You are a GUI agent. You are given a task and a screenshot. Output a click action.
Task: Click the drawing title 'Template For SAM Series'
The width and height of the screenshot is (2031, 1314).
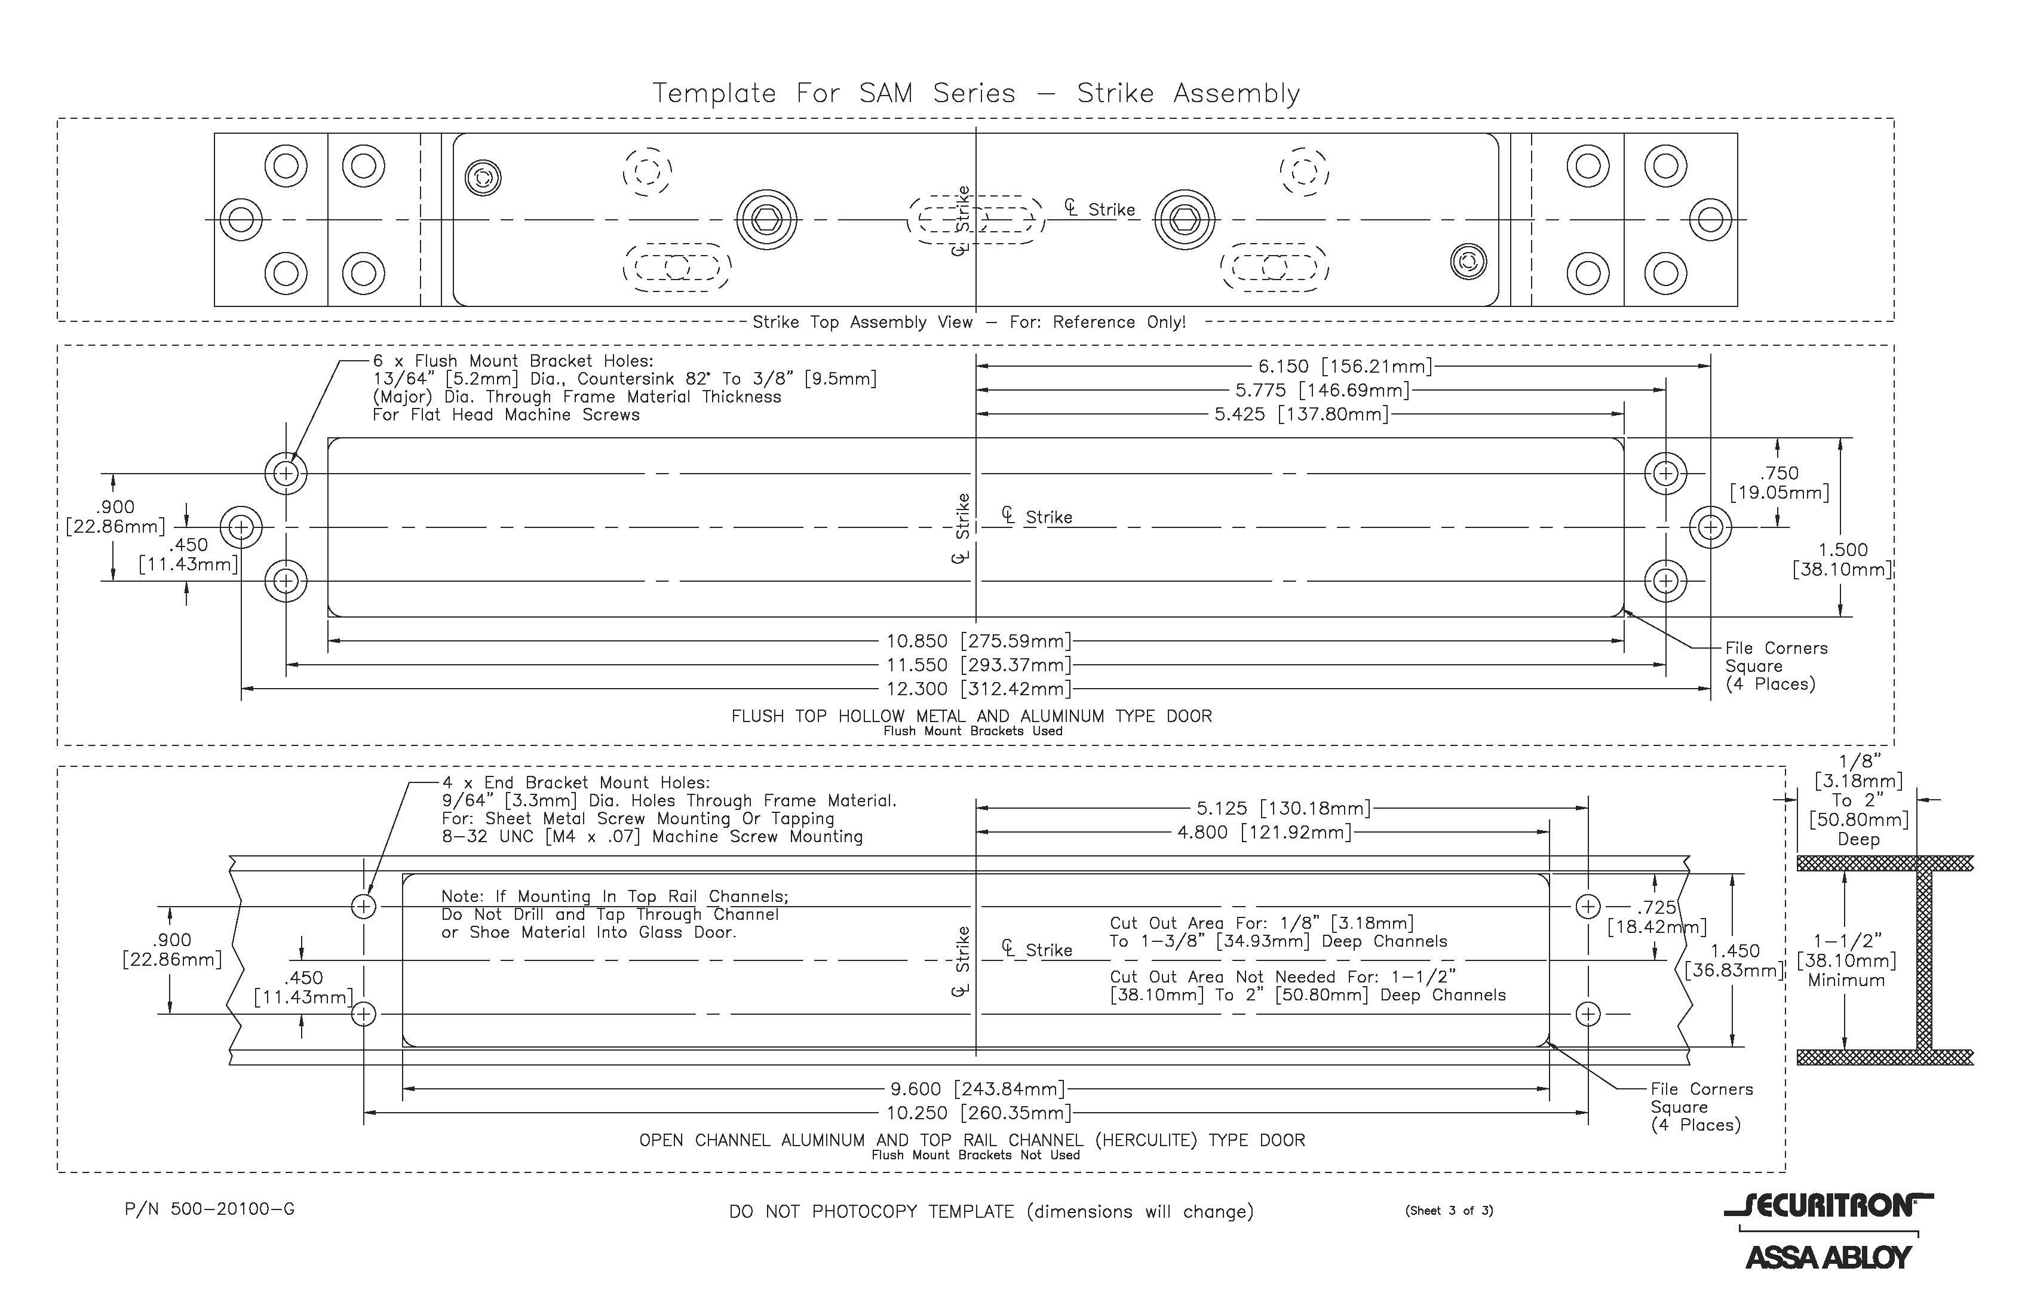975,93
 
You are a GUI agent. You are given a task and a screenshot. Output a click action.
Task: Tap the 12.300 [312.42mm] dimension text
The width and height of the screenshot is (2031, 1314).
978,689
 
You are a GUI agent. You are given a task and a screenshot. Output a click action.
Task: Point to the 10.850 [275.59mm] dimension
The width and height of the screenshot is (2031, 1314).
978,641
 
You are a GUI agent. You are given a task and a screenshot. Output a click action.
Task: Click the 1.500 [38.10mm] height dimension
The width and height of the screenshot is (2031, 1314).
1842,560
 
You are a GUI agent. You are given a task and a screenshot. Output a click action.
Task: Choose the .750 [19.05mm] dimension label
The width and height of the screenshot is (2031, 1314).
1780,483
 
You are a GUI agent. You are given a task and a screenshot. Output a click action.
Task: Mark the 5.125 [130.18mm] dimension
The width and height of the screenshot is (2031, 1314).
1283,808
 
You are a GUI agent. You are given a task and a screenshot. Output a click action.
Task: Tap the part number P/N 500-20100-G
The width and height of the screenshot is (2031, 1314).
209,1209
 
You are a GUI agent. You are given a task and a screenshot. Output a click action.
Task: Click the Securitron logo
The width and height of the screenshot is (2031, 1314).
1828,1206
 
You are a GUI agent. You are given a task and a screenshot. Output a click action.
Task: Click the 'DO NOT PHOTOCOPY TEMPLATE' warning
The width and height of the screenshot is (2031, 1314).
991,1212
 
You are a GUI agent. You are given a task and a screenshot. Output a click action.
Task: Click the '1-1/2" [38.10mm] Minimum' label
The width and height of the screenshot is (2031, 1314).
1846,961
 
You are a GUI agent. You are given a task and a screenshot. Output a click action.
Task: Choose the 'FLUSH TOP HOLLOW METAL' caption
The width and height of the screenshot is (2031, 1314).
971,717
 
